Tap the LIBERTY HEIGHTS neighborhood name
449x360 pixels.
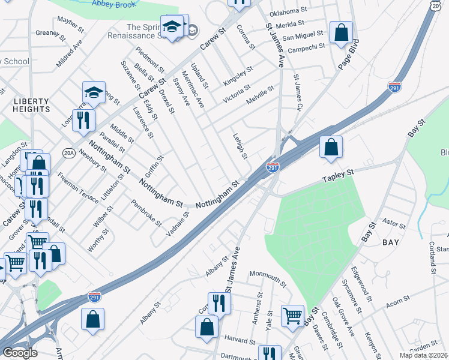tap(31, 105)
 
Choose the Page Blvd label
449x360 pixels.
tap(349, 55)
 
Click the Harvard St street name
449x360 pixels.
tap(240, 340)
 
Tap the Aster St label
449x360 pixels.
tap(394, 224)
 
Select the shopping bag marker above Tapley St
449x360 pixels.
tap(331, 147)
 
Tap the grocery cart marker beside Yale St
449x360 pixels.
tap(292, 315)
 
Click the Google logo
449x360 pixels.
tap(20, 353)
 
